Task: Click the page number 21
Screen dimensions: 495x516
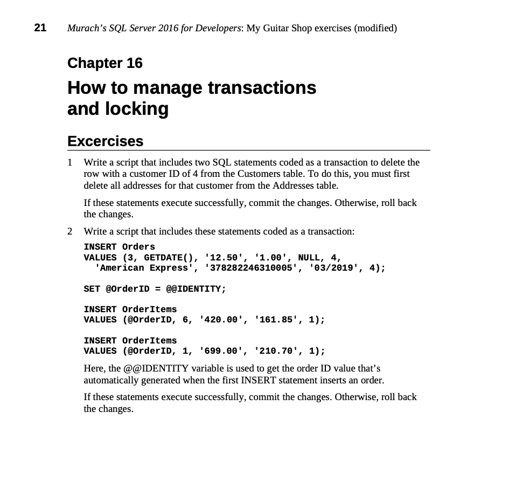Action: tap(40, 27)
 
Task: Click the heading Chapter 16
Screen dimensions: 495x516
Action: tap(105, 63)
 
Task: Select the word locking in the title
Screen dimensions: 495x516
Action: tap(138, 109)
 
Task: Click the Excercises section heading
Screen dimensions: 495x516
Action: tap(105, 141)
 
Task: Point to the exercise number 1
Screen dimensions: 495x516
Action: tap(69, 162)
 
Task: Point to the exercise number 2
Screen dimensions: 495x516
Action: tap(69, 231)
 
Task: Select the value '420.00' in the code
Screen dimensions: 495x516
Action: tap(221, 320)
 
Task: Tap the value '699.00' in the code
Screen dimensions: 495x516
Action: tap(221, 351)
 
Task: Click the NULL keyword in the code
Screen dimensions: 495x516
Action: tap(309, 258)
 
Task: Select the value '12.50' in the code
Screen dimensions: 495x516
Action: tap(221, 258)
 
